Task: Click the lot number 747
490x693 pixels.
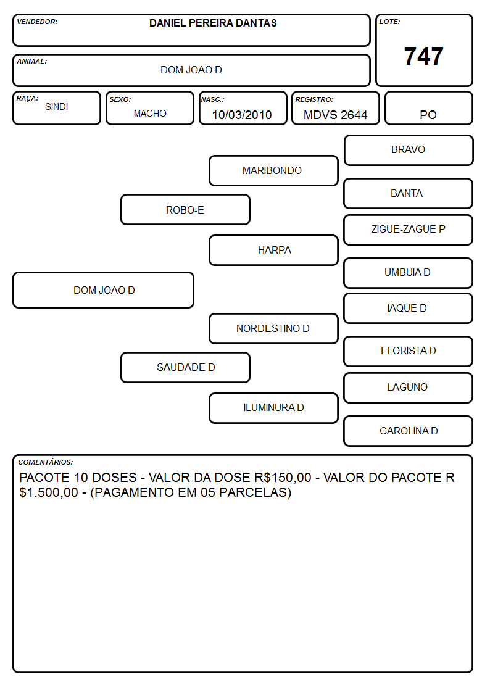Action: [423, 56]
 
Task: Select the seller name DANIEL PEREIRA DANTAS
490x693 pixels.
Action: [213, 23]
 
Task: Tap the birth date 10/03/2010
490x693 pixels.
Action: [242, 115]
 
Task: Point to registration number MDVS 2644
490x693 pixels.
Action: [335, 115]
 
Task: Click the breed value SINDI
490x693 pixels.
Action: [57, 107]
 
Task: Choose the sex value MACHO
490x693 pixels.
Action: [150, 114]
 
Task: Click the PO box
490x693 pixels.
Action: [428, 108]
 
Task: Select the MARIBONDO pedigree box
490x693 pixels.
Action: [273, 170]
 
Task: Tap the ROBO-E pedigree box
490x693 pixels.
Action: [185, 210]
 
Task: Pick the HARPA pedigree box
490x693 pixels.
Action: [273, 250]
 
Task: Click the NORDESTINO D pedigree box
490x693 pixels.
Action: [273, 329]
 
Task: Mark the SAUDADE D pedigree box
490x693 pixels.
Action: [185, 367]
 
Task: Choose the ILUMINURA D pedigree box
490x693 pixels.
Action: [273, 408]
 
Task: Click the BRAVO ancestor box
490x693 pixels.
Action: [409, 151]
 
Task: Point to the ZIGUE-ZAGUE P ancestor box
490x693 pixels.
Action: [409, 230]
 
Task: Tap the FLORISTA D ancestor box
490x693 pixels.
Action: [409, 351]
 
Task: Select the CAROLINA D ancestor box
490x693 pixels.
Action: [409, 431]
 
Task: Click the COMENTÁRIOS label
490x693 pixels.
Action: [46, 462]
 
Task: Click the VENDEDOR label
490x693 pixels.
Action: [37, 22]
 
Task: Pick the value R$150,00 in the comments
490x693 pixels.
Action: [283, 478]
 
